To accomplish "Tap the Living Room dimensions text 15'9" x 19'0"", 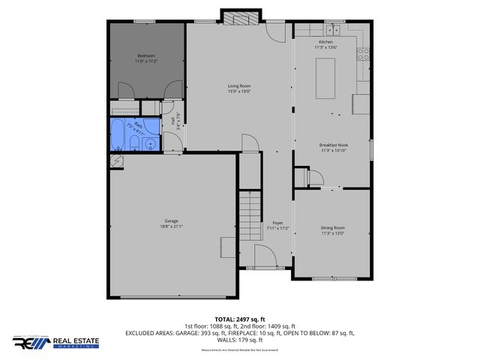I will pyautogui.click(x=238, y=91).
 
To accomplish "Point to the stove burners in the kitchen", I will pyautogui.click(x=362, y=53).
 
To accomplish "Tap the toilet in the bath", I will pyautogui.click(x=134, y=144).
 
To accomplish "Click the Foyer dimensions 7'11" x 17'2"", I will pyautogui.click(x=277, y=228).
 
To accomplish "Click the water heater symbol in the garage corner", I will pyautogui.click(x=116, y=160).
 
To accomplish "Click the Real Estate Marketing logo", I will pyautogui.click(x=55, y=342).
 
